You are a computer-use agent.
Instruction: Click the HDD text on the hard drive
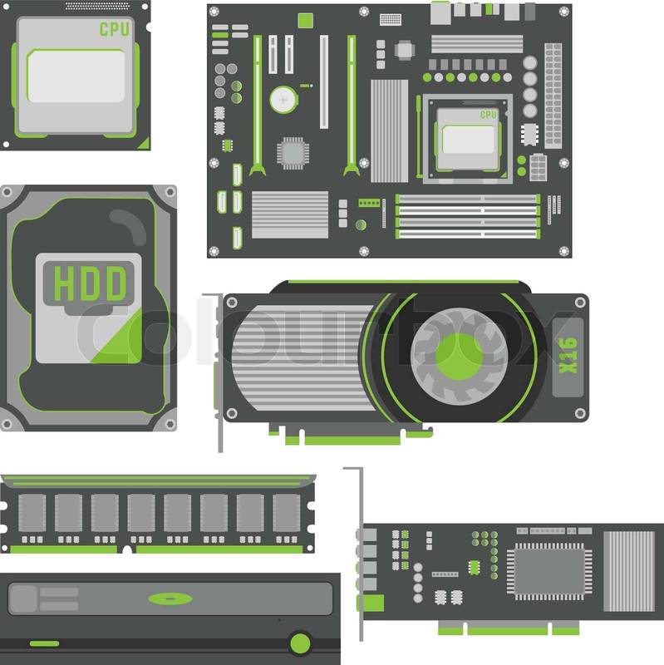point(90,283)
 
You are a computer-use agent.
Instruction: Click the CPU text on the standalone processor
point(114,29)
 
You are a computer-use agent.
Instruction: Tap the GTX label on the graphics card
point(568,356)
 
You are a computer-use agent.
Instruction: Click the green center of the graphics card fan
point(459,357)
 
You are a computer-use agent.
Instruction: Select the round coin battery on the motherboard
point(283,100)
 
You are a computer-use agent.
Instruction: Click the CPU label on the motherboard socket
point(488,115)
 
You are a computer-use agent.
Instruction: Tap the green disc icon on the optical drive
point(170,598)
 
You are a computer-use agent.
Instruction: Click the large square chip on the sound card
point(549,571)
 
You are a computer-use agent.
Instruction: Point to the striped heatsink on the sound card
point(629,571)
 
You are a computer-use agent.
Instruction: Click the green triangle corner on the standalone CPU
point(145,144)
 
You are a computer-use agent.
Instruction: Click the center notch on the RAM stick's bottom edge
point(127,550)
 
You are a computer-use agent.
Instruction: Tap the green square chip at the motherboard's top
point(305,20)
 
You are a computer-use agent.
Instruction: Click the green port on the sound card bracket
point(371,603)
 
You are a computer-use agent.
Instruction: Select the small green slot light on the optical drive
point(45,643)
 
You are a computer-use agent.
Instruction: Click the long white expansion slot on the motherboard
point(324,81)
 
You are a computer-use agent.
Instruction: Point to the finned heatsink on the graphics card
point(302,358)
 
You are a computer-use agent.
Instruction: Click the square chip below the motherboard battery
point(293,153)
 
